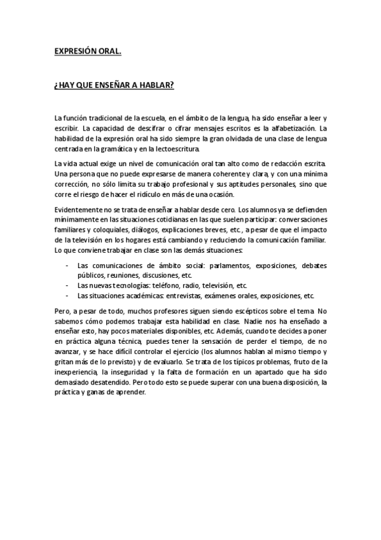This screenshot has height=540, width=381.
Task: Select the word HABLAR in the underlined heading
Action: point(157,85)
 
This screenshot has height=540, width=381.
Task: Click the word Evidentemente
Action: point(80,210)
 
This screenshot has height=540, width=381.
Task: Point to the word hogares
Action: point(174,241)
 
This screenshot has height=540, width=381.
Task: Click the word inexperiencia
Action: point(76,372)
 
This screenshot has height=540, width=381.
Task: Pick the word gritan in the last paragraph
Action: point(65,362)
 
